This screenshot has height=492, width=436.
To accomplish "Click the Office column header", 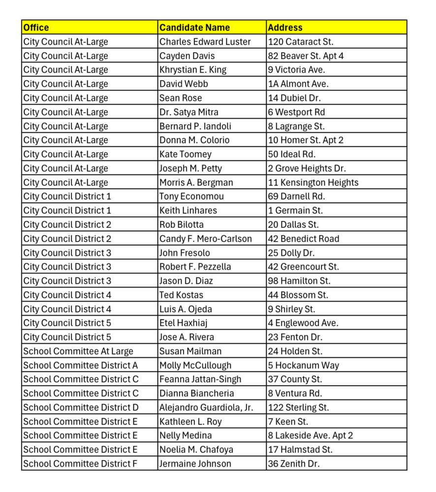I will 36,28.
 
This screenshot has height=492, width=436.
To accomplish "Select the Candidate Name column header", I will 194,28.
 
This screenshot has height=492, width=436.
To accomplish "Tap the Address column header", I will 285,28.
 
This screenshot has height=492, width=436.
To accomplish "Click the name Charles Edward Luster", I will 205,42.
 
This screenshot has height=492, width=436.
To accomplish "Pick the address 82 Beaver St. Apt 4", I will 306,56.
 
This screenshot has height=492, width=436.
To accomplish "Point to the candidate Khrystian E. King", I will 193,70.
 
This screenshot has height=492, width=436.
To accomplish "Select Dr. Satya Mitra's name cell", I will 188,112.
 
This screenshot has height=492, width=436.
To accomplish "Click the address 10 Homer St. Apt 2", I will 306,140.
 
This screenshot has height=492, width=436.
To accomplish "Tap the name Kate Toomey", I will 185,154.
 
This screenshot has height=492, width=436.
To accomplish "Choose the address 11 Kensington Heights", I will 313,183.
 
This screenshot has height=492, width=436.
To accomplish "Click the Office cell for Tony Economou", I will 67,196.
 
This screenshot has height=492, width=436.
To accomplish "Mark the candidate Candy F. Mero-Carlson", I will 205,239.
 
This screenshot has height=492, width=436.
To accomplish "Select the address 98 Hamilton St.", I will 299,281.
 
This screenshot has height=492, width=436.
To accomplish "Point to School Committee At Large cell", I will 78,351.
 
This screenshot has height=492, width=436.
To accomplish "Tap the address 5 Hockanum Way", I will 303,366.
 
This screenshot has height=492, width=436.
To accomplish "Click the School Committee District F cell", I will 80,463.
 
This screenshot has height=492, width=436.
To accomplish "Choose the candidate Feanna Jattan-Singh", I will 200,379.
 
